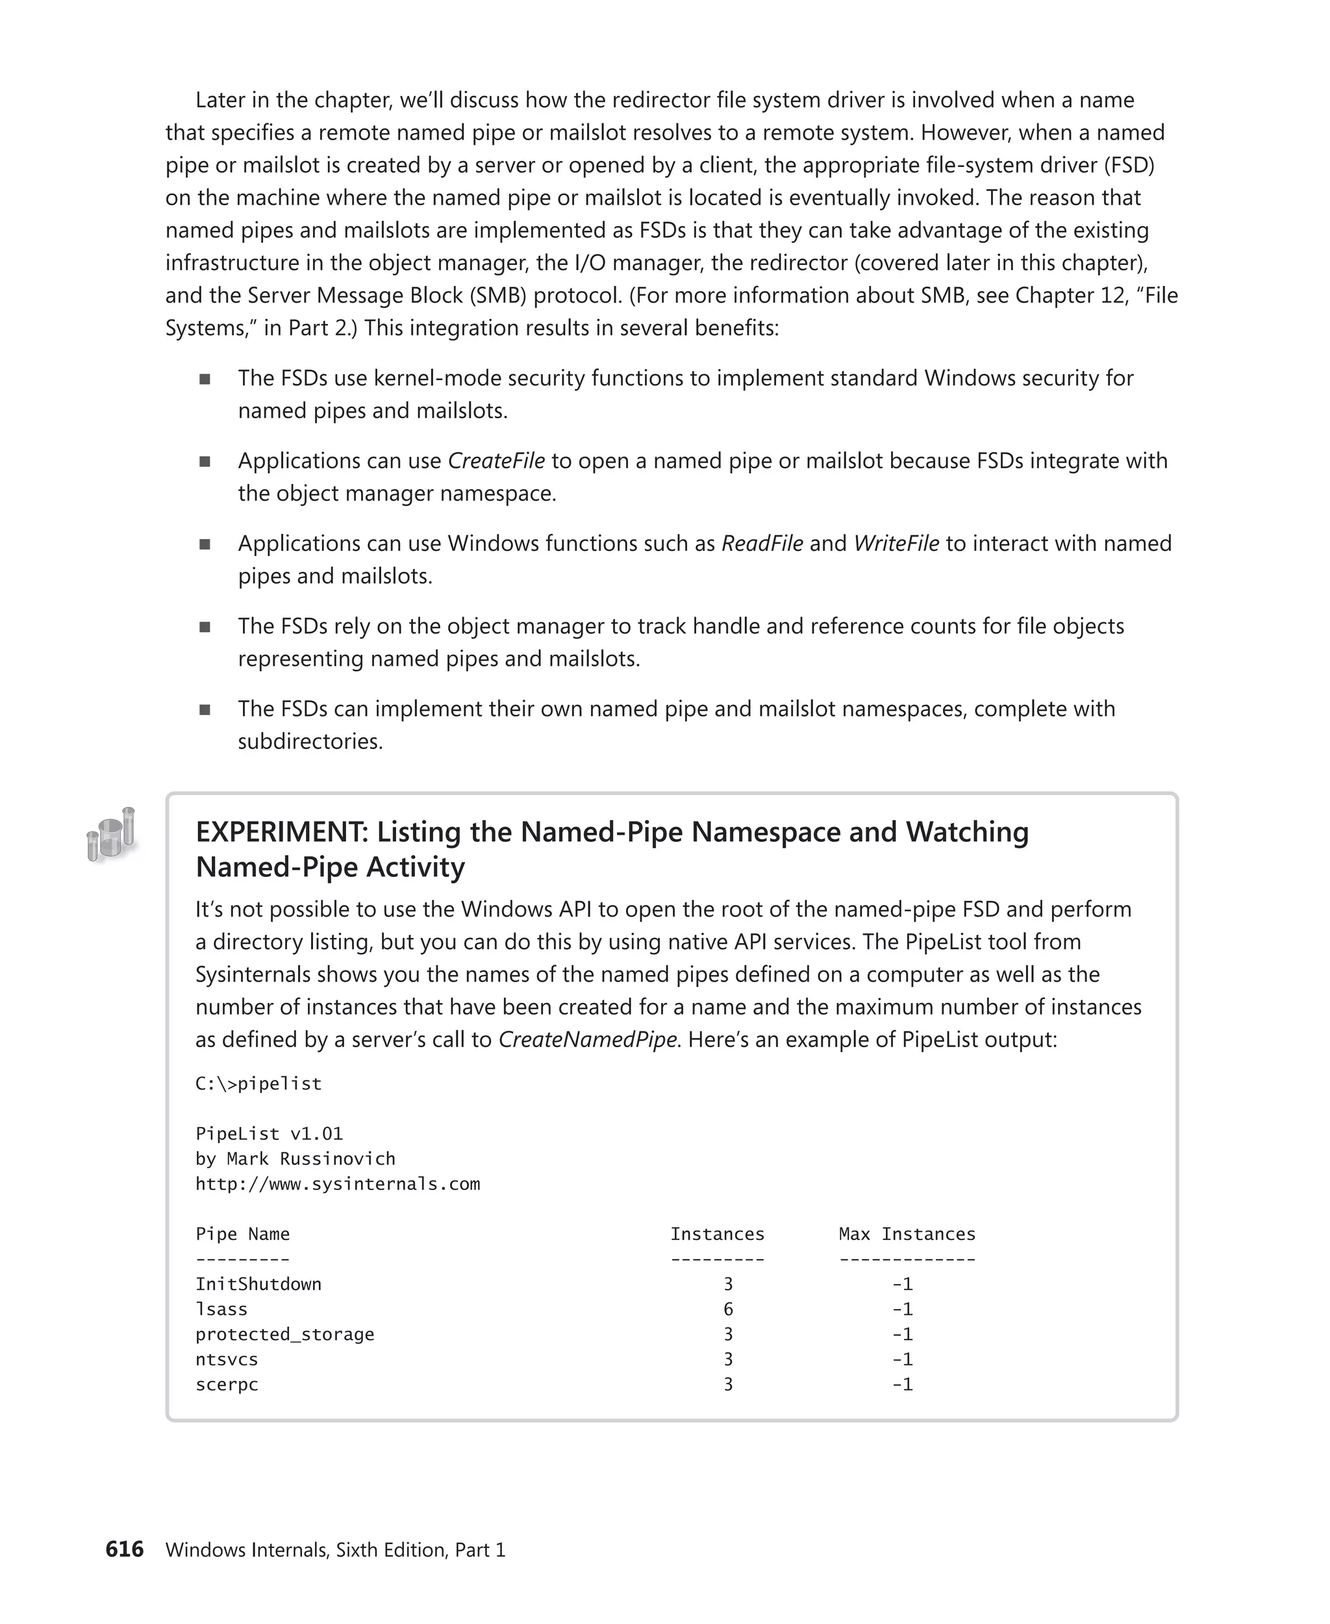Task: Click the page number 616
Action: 124,1549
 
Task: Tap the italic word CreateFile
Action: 496,461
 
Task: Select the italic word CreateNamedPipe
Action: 588,1039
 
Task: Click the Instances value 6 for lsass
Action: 728,1309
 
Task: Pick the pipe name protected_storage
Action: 284,1334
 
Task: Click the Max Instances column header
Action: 907,1234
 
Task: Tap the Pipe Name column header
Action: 242,1234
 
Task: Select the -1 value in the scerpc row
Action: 902,1384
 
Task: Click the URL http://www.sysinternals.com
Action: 337,1184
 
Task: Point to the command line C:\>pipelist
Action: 258,1084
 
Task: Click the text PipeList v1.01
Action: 269,1134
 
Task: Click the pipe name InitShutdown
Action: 258,1284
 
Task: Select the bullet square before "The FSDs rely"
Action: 205,627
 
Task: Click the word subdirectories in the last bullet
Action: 310,742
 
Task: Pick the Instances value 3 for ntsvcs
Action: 728,1359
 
